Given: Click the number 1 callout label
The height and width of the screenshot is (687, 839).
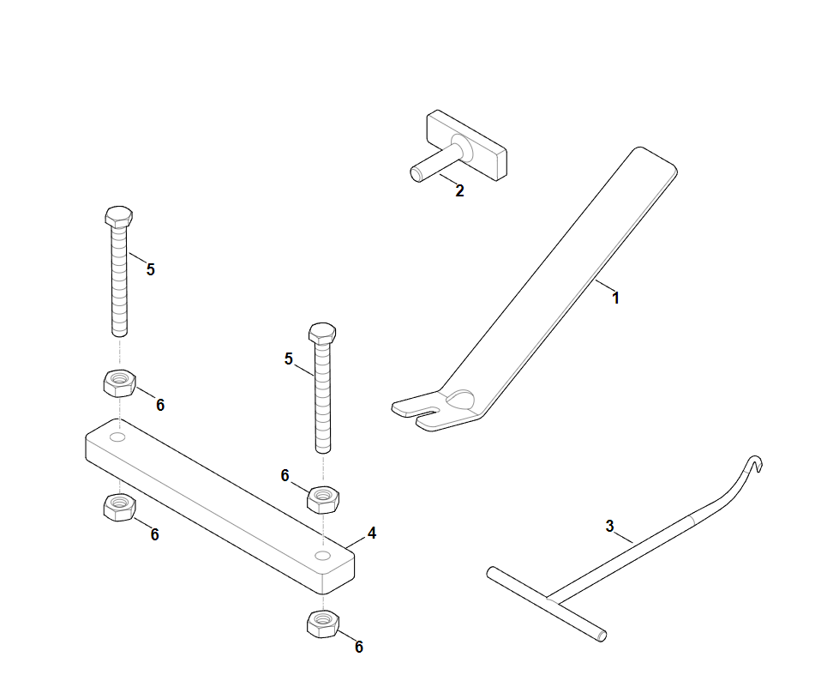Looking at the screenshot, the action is [x=615, y=298].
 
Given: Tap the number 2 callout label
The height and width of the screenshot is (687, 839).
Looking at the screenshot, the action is [x=459, y=190].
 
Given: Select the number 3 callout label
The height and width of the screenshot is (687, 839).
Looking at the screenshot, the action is [x=609, y=526].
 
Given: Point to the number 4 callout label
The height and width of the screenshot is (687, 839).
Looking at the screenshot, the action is [x=372, y=533].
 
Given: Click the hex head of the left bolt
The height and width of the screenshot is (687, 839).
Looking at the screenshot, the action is [x=119, y=216].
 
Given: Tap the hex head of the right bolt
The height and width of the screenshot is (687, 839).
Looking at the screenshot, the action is [x=322, y=333].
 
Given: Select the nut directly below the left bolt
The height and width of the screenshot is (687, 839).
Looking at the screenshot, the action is [x=119, y=383].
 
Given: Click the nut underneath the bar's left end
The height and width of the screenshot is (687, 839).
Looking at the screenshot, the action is [x=119, y=507].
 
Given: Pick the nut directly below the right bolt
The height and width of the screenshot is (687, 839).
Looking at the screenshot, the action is [x=322, y=499].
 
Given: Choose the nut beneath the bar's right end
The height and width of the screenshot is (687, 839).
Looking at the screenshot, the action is [x=322, y=624].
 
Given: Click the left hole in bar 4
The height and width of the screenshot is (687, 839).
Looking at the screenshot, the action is [x=117, y=437].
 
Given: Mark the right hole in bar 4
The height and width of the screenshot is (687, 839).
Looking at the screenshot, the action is [x=322, y=555].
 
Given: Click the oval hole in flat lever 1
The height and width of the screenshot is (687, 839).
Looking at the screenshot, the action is [x=461, y=399].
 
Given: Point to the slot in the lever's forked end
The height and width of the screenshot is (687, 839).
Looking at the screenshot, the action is [x=428, y=411].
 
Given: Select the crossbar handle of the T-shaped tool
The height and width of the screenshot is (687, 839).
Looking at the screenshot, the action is [x=547, y=604].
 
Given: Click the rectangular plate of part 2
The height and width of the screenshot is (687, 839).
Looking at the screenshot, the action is [x=466, y=145].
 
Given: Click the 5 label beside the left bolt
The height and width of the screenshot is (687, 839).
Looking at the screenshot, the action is [x=150, y=269].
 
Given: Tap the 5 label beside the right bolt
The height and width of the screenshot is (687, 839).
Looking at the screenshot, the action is [x=289, y=359].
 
